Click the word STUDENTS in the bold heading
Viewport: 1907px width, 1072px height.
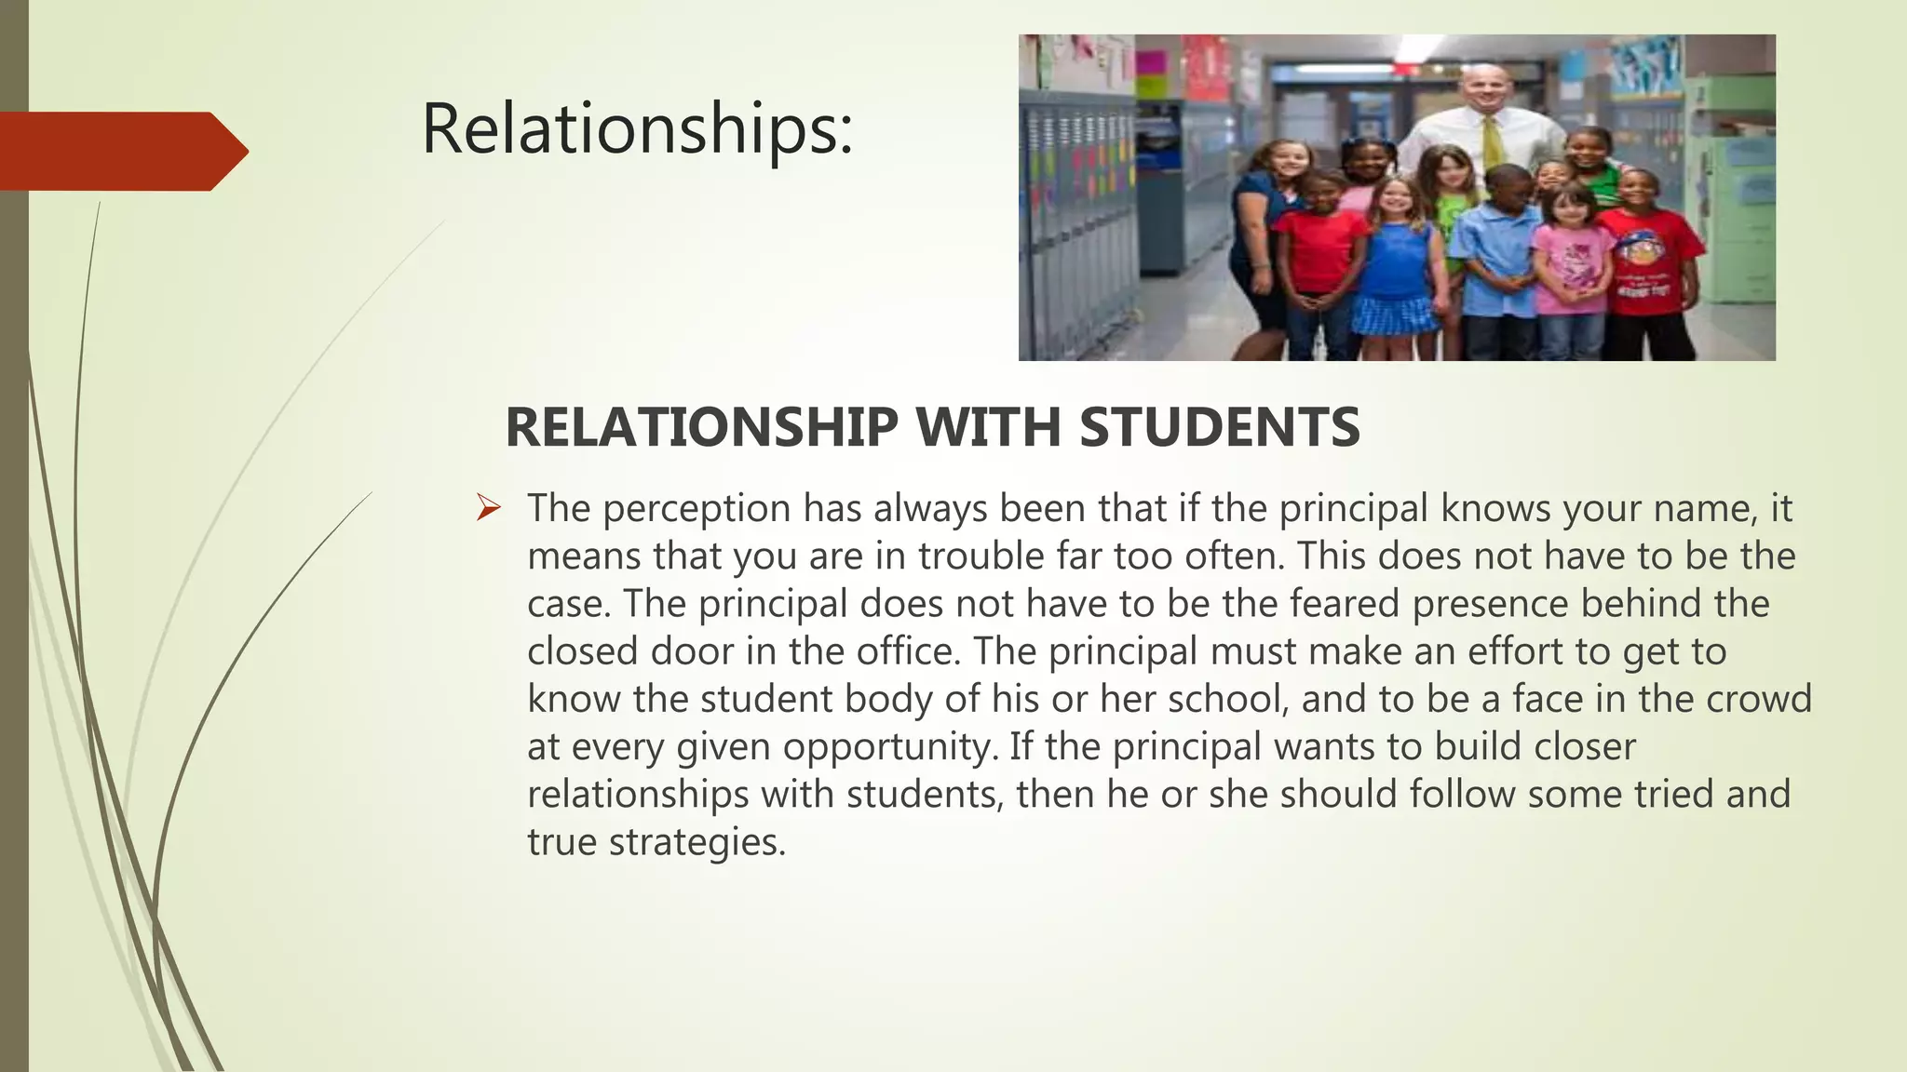coord(1220,428)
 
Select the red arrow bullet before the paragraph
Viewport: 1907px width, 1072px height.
coord(489,508)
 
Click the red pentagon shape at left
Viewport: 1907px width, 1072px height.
coord(121,151)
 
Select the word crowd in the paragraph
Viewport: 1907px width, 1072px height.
coord(1759,699)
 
